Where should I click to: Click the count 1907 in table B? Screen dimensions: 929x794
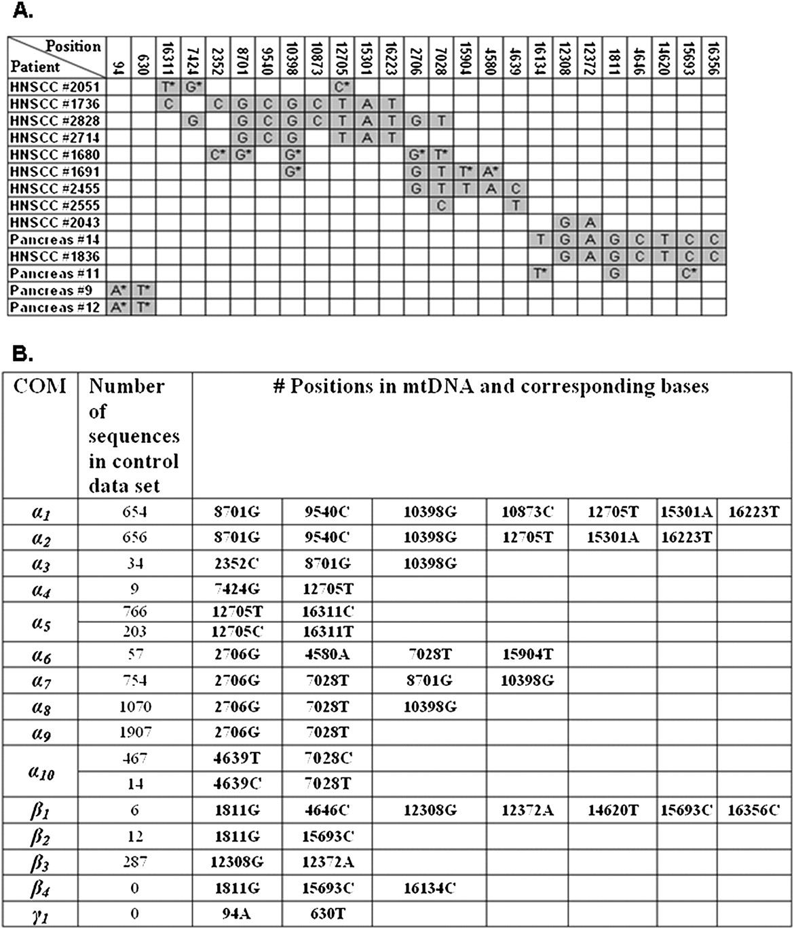134,732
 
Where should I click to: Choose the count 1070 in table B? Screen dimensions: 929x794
134,706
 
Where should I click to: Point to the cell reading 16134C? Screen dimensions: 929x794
429,888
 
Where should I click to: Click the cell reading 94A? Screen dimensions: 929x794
236,913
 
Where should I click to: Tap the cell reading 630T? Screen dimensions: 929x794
326,913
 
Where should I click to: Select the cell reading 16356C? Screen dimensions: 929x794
754,809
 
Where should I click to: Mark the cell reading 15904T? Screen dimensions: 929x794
527,654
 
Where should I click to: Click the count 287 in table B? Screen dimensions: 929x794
134,862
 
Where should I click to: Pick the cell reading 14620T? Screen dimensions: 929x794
612,809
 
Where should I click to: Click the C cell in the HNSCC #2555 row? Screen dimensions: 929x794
441,205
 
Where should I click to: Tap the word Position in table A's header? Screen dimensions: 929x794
73,46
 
